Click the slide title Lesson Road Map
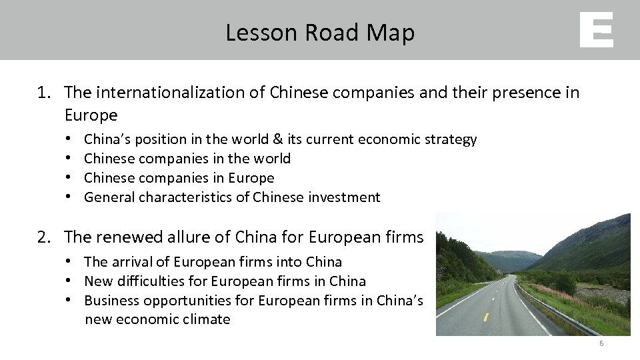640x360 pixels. pos(320,32)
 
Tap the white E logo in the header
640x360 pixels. pos(596,31)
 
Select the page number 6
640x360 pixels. pos(601,343)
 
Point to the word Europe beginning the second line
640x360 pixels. pos(91,115)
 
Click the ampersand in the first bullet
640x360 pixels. pos(277,139)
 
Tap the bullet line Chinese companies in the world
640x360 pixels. pos(187,159)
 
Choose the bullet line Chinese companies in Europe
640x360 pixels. pos(179,178)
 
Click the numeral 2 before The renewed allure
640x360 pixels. pos(42,237)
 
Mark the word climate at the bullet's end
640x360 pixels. pos(207,319)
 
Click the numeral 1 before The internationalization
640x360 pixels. pos(42,93)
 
